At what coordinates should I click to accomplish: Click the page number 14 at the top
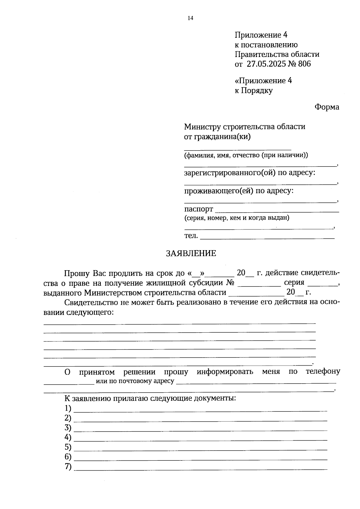190,18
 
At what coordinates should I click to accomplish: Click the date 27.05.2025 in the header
266,64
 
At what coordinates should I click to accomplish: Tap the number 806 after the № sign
304,64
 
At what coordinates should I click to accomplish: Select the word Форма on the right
327,107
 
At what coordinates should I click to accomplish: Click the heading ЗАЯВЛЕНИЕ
191,253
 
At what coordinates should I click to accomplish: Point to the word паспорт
199,209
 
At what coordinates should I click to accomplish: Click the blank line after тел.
267,238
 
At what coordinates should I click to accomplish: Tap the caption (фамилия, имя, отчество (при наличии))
246,155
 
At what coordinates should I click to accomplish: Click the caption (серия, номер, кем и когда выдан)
237,218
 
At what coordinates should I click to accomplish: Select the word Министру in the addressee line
202,127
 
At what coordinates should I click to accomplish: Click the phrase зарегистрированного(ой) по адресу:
250,173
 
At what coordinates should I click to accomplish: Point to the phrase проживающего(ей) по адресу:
238,191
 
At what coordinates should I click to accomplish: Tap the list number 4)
68,437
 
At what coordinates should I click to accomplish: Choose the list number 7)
68,467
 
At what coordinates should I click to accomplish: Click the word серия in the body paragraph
294,283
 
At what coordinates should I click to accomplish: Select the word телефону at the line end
323,371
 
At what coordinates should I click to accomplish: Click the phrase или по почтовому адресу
135,381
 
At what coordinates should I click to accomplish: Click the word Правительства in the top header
260,54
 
